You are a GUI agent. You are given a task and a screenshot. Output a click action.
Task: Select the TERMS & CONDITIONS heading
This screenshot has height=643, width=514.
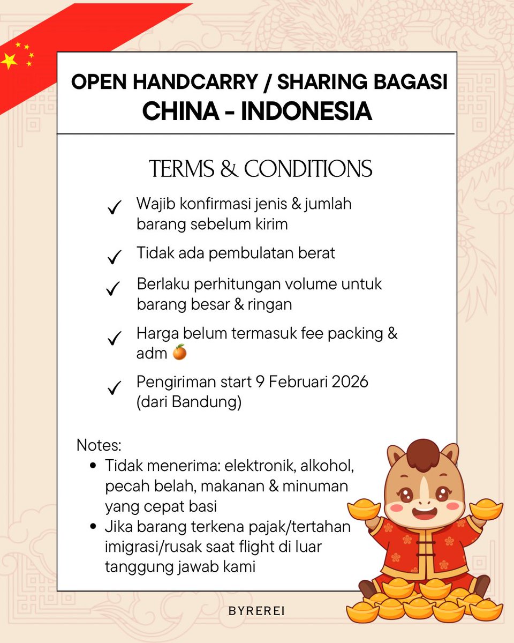pyautogui.click(x=260, y=169)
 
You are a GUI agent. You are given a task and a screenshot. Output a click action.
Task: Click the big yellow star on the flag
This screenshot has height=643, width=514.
pyautogui.click(x=9, y=61)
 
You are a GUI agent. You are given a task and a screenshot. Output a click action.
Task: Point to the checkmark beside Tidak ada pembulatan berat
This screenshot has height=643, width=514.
pyautogui.click(x=114, y=258)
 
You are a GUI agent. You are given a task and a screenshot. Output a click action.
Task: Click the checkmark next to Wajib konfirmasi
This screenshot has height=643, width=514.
pyautogui.click(x=114, y=208)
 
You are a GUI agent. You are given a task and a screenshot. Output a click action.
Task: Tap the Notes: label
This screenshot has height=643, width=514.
pyautogui.click(x=99, y=445)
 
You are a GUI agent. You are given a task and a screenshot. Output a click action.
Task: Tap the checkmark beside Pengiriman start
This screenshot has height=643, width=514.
pyautogui.click(x=114, y=388)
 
